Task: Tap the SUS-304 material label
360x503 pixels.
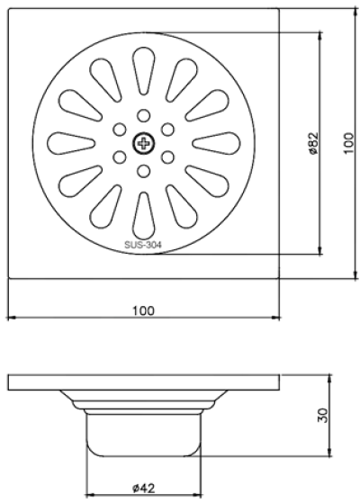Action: click(143, 244)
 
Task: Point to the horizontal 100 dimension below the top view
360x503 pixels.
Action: click(143, 310)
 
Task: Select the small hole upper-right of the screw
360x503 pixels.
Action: click(167, 129)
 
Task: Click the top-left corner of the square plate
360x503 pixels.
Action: click(10, 10)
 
